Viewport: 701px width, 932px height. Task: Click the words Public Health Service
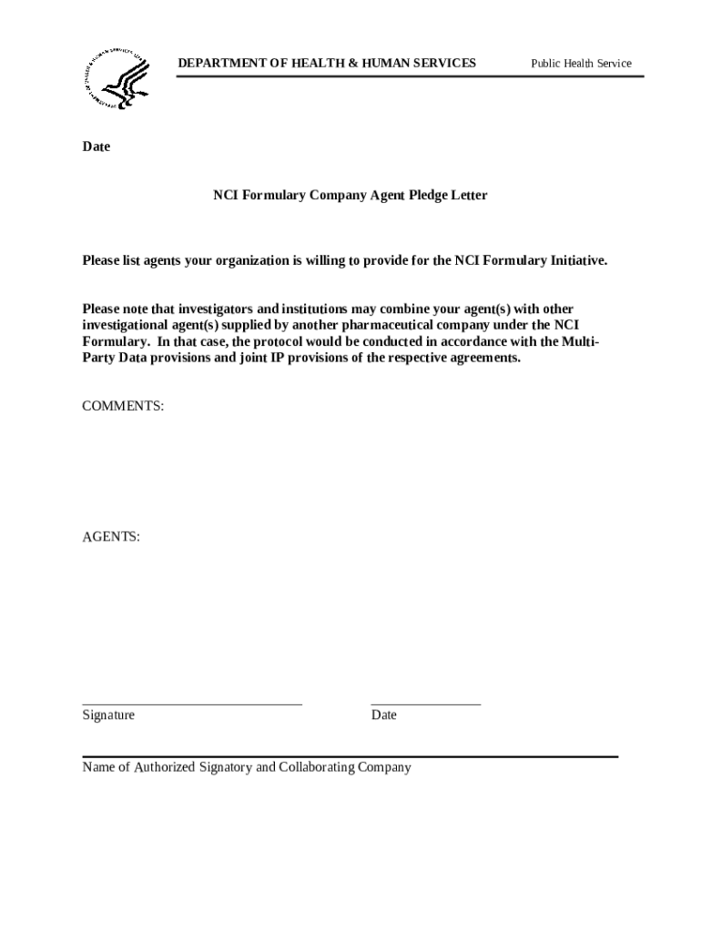tap(581, 64)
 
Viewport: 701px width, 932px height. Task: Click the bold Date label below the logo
tap(97, 147)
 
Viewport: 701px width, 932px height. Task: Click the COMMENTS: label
tap(123, 407)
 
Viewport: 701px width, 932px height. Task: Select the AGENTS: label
tap(111, 537)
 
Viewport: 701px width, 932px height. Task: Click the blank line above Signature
tap(192, 704)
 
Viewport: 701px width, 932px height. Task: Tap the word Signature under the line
tap(108, 715)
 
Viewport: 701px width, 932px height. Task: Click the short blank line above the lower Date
tap(425, 704)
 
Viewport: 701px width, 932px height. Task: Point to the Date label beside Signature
tap(384, 715)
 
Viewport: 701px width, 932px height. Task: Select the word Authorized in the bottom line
tap(165, 767)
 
